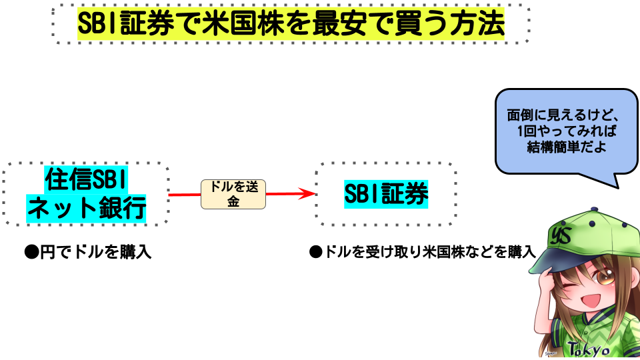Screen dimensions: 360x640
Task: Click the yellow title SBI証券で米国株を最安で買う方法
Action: coord(291,25)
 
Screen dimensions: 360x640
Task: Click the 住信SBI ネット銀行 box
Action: coord(86,193)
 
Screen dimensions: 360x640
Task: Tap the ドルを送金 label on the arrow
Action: coord(233,194)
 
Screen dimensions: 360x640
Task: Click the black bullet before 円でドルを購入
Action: coord(29,253)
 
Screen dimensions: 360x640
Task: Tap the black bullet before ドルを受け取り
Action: coord(315,253)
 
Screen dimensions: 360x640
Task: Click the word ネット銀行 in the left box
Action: coord(86,209)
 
